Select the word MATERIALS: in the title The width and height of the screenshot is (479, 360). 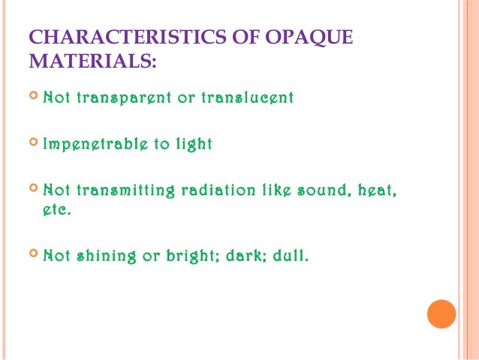click(92, 62)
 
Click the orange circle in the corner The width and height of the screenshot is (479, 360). click(441, 314)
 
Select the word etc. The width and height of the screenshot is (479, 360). click(57, 211)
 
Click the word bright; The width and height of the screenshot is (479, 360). click(191, 256)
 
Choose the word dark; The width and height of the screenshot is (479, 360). click(250, 256)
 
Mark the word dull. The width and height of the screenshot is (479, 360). click(292, 256)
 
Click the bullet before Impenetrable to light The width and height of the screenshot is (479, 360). click(33, 144)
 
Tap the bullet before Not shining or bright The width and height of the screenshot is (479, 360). click(33, 256)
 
